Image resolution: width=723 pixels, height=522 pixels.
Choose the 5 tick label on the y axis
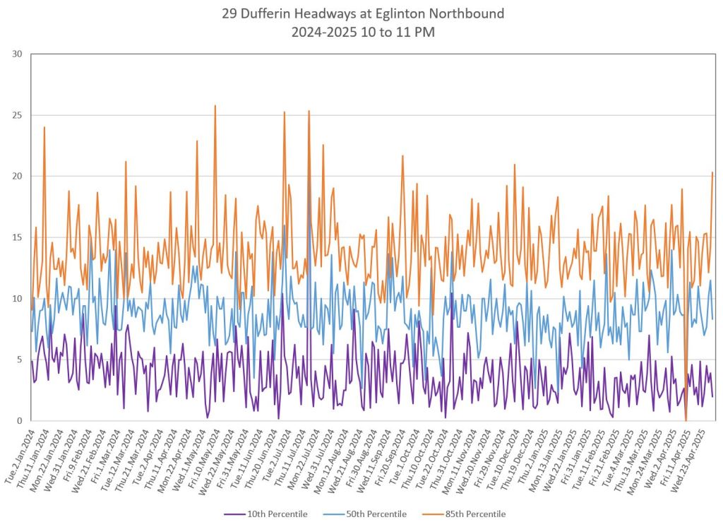pos(20,360)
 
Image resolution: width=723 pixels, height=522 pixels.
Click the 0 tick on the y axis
pos(20,420)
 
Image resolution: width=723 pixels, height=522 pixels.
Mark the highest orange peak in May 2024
pos(215,106)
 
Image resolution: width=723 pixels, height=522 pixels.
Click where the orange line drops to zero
pos(686,420)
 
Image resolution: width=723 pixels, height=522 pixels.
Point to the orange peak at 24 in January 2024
pos(44,128)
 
